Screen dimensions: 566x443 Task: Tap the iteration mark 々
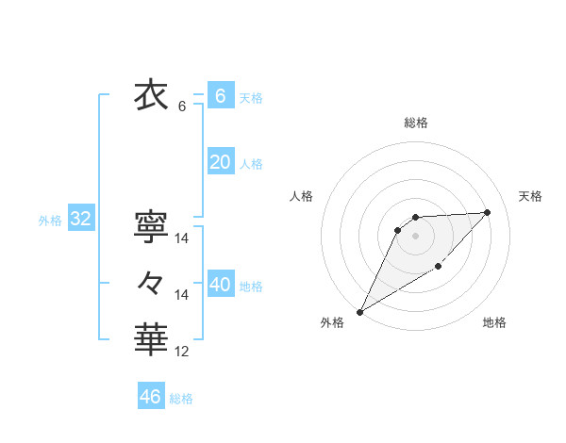pos(152,282)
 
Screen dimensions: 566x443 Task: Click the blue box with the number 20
pos(220,162)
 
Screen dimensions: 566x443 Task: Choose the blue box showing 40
pos(220,285)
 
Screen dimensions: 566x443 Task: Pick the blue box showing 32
pos(81,220)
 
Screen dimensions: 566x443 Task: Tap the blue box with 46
pos(151,397)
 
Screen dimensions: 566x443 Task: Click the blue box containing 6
pos(220,96)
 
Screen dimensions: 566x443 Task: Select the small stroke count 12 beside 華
pos(182,353)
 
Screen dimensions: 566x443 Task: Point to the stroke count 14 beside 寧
pos(182,239)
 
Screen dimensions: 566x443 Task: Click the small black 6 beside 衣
pos(182,107)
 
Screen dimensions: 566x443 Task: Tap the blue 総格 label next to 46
pos(181,399)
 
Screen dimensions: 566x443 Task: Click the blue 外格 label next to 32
pos(50,221)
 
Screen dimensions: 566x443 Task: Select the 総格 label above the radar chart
pos(416,123)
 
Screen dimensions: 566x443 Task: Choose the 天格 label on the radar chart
pos(530,196)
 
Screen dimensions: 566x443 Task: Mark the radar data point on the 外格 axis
pos(359,312)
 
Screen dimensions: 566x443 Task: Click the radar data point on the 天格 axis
pos(487,212)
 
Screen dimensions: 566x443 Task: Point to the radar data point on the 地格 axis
pos(439,269)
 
